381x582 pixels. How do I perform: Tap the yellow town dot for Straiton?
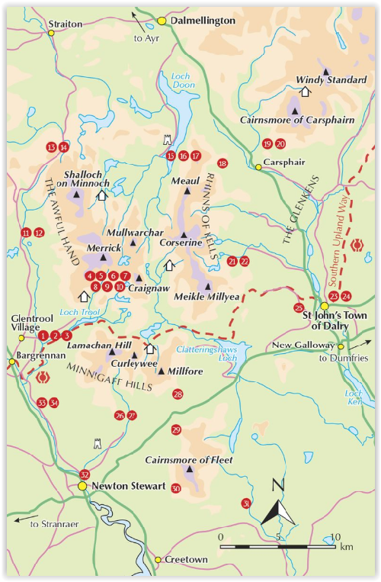point(51,33)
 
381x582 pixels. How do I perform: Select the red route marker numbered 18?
point(223,163)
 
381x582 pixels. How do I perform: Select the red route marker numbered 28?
point(178,394)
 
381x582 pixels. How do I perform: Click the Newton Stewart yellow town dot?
point(82,486)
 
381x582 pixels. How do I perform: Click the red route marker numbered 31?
point(245,503)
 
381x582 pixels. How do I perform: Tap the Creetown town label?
point(187,560)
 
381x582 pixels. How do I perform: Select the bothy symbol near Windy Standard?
point(305,91)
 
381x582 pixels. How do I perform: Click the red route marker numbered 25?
point(298,308)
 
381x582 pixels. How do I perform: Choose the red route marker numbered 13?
point(51,147)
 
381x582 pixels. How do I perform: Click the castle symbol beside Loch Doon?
point(168,141)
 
